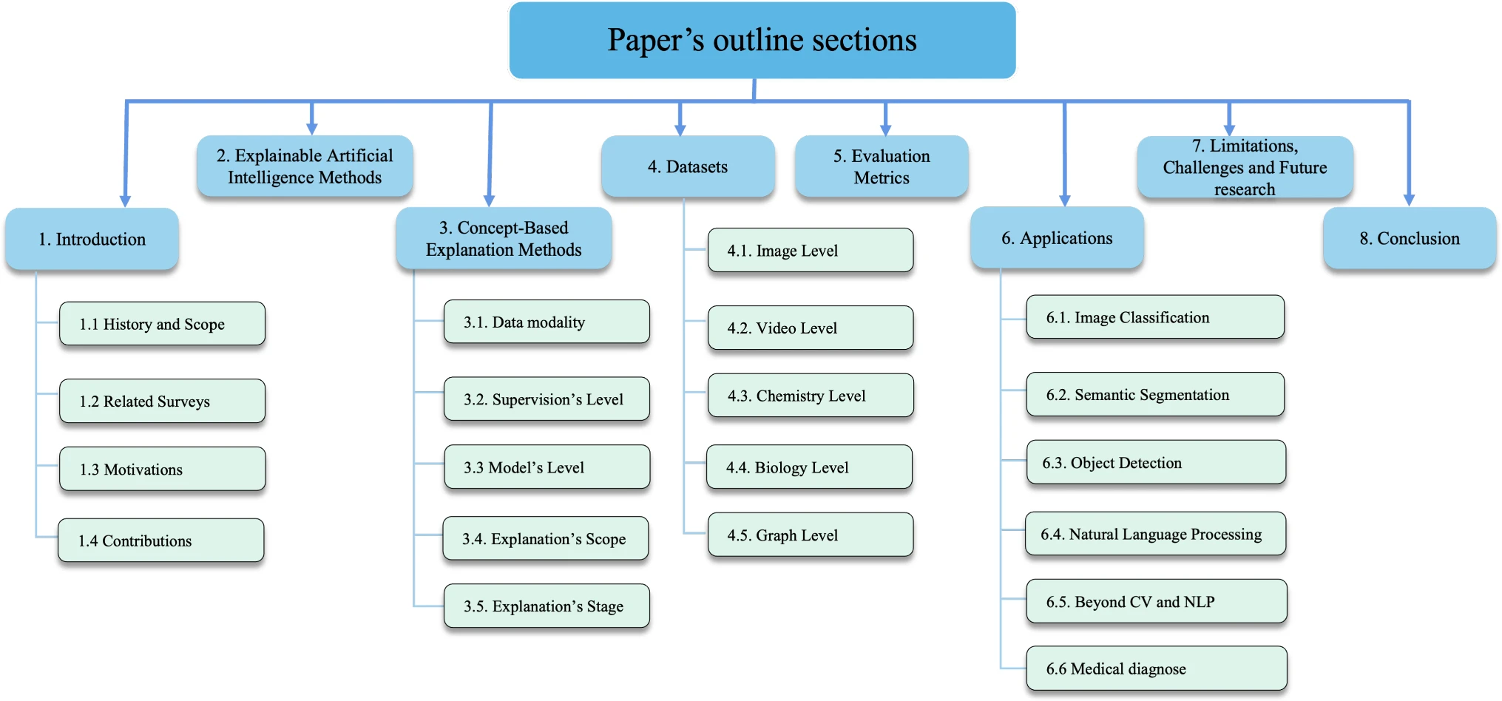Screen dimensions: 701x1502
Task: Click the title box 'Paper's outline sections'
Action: click(762, 41)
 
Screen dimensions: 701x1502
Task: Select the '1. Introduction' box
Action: click(92, 239)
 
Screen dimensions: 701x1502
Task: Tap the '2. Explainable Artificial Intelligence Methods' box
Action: click(305, 166)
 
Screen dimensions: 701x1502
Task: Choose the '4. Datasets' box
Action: click(688, 166)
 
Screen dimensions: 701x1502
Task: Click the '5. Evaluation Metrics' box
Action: click(882, 166)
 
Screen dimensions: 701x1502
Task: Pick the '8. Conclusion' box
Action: click(1410, 238)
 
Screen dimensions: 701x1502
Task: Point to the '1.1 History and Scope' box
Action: click(162, 324)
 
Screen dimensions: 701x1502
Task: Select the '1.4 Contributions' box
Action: click(160, 541)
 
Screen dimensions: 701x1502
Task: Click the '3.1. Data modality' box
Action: click(547, 322)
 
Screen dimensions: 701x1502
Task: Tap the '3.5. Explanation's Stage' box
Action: click(547, 606)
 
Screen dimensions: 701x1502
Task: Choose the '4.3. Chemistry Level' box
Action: click(811, 396)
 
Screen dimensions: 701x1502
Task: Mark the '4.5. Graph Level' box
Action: click(811, 535)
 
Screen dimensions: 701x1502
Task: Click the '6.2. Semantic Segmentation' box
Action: click(1155, 394)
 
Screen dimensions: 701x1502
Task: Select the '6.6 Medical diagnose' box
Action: click(1157, 668)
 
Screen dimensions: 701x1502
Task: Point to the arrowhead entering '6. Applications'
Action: click(1065, 200)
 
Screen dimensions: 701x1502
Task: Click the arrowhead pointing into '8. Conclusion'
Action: click(1409, 200)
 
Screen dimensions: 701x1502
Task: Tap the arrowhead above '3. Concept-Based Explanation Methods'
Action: click(489, 200)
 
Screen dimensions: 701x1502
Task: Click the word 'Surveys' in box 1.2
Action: click(183, 402)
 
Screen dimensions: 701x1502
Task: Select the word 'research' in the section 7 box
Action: click(1245, 189)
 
